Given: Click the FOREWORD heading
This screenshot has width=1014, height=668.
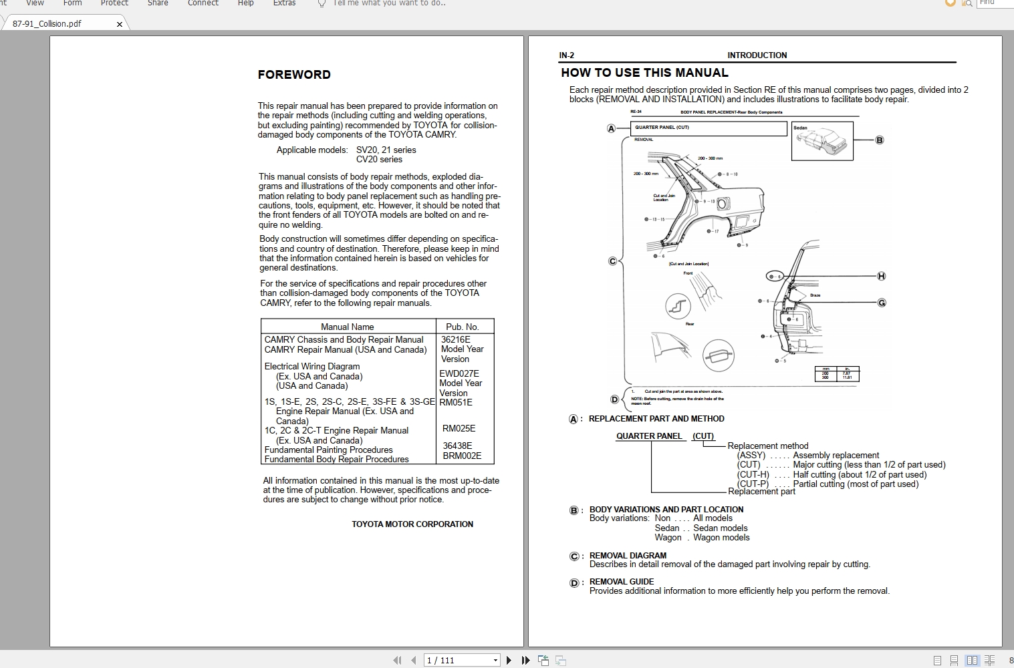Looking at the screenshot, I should [x=294, y=75].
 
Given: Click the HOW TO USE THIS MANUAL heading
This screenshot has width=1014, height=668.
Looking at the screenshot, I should [x=644, y=73].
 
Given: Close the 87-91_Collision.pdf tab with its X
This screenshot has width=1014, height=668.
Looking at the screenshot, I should [x=120, y=24].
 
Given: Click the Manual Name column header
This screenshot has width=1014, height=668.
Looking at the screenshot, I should [x=347, y=327].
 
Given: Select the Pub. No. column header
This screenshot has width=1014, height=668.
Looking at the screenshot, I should [x=462, y=327].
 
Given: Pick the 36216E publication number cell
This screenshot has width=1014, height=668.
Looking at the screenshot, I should [x=455, y=339].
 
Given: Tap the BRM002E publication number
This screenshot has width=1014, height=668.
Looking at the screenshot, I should [x=461, y=456].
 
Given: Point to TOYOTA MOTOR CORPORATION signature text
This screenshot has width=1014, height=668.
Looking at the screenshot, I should [x=412, y=524].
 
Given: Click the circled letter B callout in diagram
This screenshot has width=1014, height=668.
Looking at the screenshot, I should [x=880, y=140].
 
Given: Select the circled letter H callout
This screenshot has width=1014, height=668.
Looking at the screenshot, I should [x=881, y=276].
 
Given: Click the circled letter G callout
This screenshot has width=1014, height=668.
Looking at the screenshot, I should [x=882, y=303].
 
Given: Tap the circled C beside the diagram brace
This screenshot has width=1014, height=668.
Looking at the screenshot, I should [x=612, y=261].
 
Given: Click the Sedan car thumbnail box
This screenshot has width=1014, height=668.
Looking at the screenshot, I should [x=821, y=141].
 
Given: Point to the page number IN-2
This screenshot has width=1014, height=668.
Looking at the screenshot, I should [x=566, y=55].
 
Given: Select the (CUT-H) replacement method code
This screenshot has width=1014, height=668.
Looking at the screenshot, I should [x=753, y=474].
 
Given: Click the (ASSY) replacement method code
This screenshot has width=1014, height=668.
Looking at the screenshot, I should [x=751, y=455].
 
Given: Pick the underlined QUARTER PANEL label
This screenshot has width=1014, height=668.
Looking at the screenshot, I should [x=649, y=436].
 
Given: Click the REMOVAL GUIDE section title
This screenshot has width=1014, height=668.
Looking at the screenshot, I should [x=622, y=581].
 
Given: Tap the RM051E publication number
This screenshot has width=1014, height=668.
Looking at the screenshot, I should [x=456, y=402].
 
